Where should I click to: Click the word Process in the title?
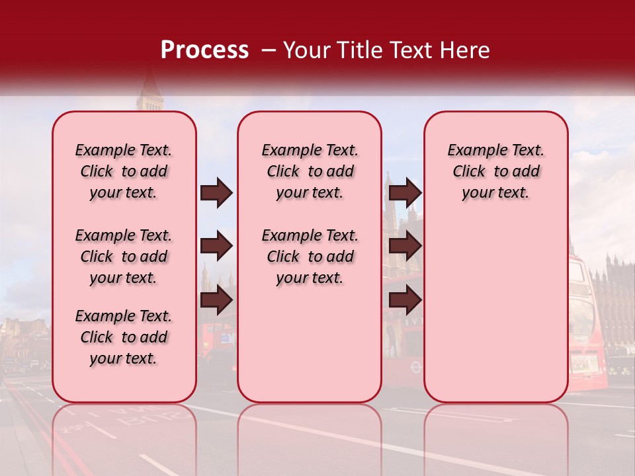pyautogui.click(x=204, y=50)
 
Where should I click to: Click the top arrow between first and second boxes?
pyautogui.click(x=216, y=192)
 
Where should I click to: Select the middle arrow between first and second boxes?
pyautogui.click(x=216, y=246)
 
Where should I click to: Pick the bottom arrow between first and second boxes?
pyautogui.click(x=216, y=300)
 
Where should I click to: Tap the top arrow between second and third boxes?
pyautogui.click(x=405, y=192)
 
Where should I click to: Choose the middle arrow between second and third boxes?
pyautogui.click(x=405, y=246)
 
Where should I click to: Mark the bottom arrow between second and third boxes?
pyautogui.click(x=405, y=300)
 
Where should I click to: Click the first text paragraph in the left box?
pyautogui.click(x=124, y=171)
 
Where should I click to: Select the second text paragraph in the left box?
pyautogui.click(x=124, y=257)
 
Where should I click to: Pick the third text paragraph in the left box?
pyautogui.click(x=124, y=337)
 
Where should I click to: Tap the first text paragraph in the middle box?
pyautogui.click(x=310, y=171)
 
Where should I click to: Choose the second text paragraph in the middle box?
pyautogui.click(x=310, y=257)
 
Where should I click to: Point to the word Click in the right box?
pyautogui.click(x=469, y=171)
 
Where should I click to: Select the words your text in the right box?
pyautogui.click(x=495, y=192)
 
